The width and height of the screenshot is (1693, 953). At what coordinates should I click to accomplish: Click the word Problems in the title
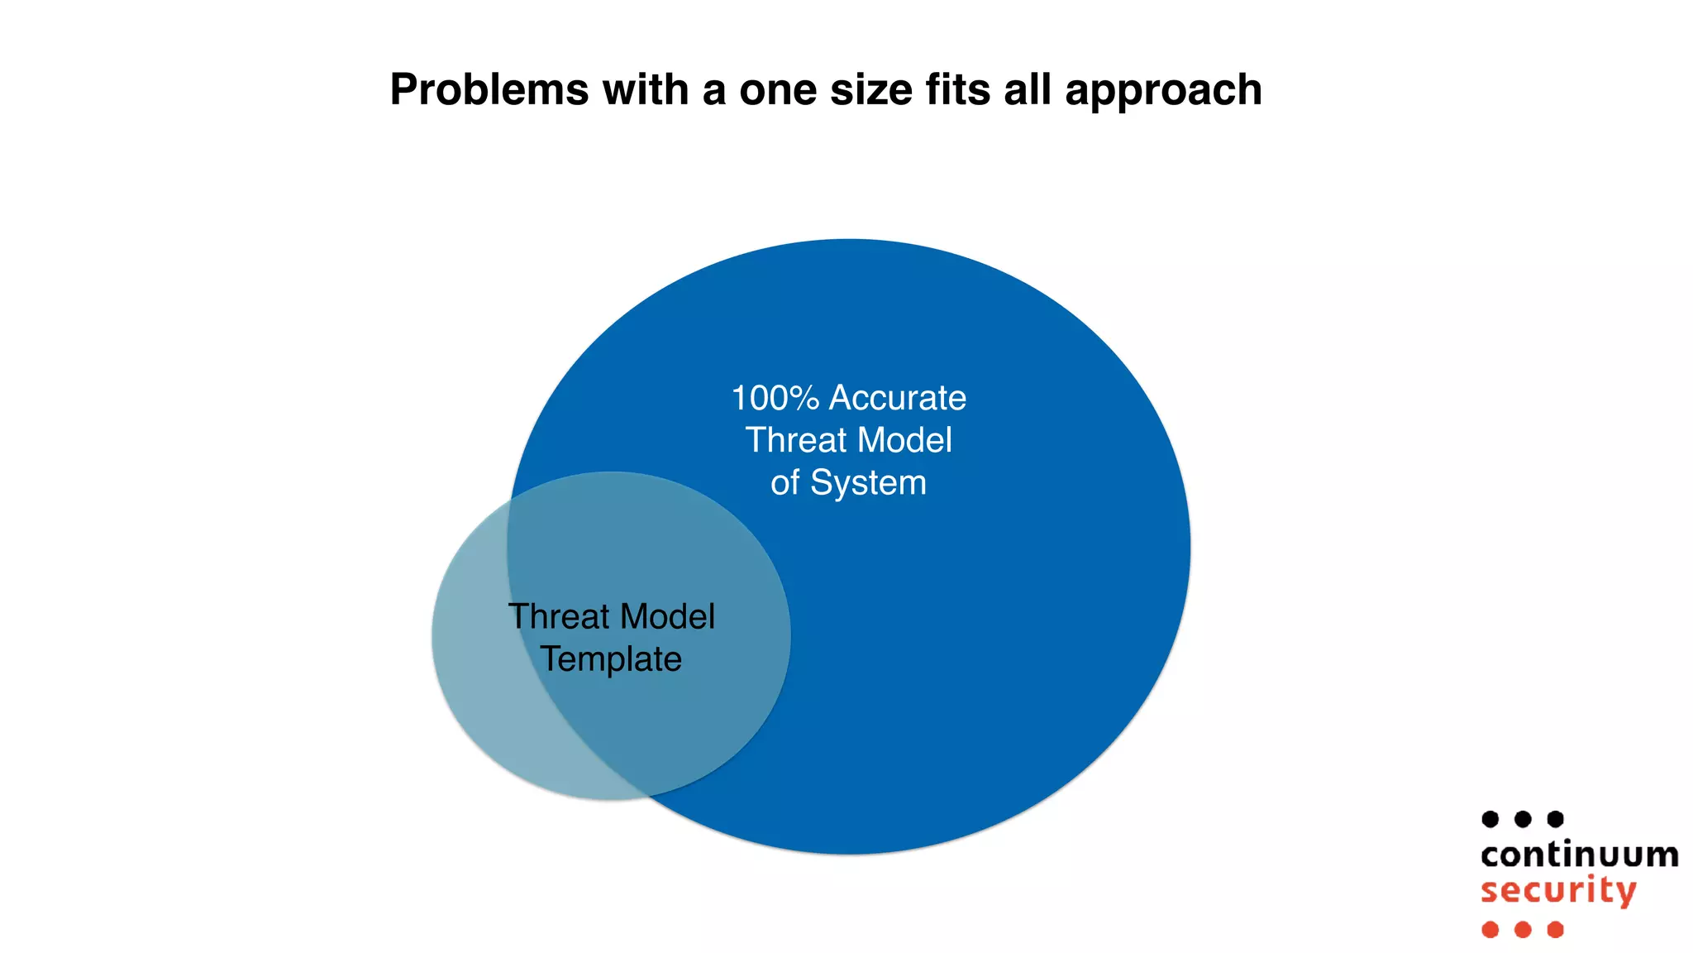click(489, 89)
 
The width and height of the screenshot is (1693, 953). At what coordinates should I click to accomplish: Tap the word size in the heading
click(869, 89)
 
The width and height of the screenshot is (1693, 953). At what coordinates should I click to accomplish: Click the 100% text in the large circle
click(775, 398)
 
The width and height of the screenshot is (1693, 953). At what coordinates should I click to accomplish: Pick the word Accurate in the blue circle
click(898, 398)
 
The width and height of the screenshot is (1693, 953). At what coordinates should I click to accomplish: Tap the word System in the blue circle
click(868, 483)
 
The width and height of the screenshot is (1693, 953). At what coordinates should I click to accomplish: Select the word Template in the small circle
click(611, 659)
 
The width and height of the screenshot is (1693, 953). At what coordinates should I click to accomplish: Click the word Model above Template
click(667, 616)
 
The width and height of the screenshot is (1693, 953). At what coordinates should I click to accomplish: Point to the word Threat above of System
click(797, 440)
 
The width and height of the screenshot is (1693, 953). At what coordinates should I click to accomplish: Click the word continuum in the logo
click(1579, 855)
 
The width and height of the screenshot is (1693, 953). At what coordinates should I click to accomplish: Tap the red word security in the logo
click(1558, 891)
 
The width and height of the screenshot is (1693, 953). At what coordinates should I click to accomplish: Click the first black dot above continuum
click(1490, 819)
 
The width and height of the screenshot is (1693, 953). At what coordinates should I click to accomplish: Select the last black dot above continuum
click(1555, 819)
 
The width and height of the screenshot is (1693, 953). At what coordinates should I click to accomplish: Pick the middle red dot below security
click(1523, 930)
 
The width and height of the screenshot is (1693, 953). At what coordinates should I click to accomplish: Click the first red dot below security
click(1490, 930)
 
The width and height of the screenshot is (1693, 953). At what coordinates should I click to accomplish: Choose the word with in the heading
click(646, 89)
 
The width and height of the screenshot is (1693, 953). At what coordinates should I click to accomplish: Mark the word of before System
click(785, 483)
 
